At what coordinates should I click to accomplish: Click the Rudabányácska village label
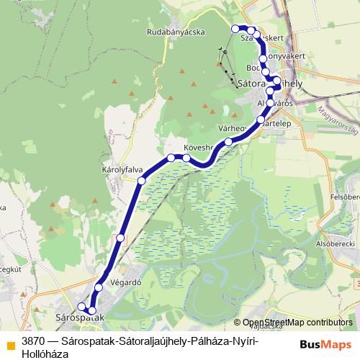(176, 32)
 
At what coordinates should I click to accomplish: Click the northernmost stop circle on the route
(235, 28)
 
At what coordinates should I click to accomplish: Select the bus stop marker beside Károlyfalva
(142, 180)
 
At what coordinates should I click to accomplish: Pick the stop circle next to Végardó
(99, 288)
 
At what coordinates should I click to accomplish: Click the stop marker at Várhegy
(228, 142)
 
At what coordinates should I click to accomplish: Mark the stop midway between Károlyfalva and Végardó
(120, 237)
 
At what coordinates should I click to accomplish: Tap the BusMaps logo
(325, 343)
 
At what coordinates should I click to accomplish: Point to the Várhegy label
(232, 128)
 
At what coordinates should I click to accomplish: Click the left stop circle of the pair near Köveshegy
(171, 157)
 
